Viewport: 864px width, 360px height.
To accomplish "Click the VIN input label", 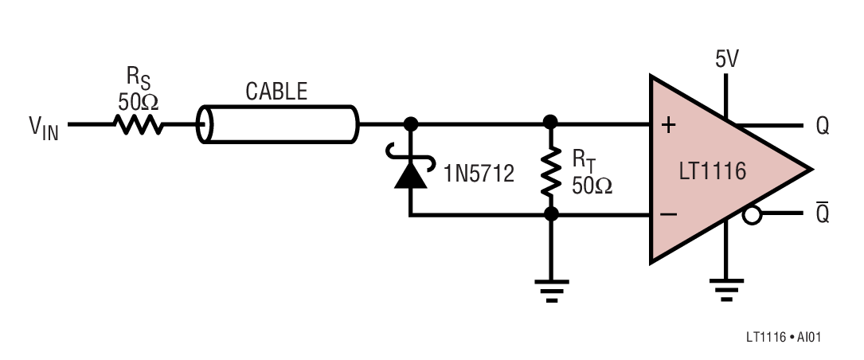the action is point(44,128).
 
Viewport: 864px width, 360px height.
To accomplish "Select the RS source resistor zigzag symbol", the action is point(138,124).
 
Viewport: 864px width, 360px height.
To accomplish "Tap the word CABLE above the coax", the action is point(276,92).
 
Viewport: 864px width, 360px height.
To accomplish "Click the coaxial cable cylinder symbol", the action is point(278,124).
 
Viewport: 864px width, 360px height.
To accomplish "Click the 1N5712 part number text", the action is point(479,174).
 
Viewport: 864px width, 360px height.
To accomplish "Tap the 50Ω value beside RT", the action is point(592,186).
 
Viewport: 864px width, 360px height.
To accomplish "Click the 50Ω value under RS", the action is point(139,101).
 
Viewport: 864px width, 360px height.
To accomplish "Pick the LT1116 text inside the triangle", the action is point(713,171).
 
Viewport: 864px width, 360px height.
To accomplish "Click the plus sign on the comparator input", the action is point(668,126).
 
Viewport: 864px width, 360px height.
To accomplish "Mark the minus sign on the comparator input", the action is point(668,214).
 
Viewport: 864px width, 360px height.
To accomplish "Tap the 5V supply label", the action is point(727,60).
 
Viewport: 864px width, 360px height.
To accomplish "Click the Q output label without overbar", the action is point(822,127).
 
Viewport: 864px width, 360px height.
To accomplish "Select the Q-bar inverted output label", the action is point(822,212).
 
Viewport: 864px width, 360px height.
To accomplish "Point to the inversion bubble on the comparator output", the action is point(753,215).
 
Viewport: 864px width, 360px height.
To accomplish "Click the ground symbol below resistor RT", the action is point(551,291).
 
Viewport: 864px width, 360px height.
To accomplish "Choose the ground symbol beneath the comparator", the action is point(726,290).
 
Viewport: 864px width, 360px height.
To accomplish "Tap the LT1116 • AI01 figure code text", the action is point(784,337).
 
